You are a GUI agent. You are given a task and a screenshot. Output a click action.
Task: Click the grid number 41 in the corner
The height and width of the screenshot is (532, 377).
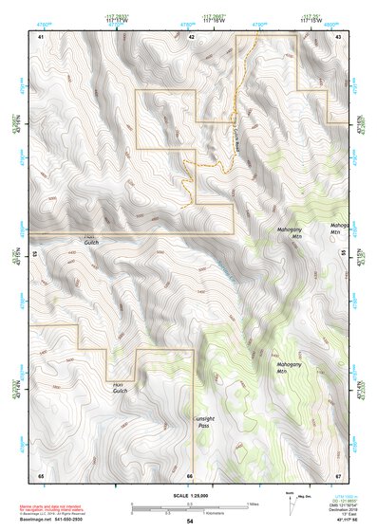[41, 36]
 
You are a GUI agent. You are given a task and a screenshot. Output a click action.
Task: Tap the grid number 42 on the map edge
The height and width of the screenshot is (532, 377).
[191, 36]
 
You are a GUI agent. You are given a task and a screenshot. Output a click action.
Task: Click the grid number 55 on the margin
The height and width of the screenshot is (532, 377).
[346, 254]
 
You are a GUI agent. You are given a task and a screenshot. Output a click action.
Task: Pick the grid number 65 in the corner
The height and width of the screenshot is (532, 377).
[41, 474]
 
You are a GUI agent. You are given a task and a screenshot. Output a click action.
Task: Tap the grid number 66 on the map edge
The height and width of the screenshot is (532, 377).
[190, 474]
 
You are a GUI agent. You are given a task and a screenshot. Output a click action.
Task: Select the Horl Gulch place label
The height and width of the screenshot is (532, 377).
[120, 387]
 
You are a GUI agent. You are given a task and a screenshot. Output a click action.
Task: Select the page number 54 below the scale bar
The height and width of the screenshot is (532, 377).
[189, 521]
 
